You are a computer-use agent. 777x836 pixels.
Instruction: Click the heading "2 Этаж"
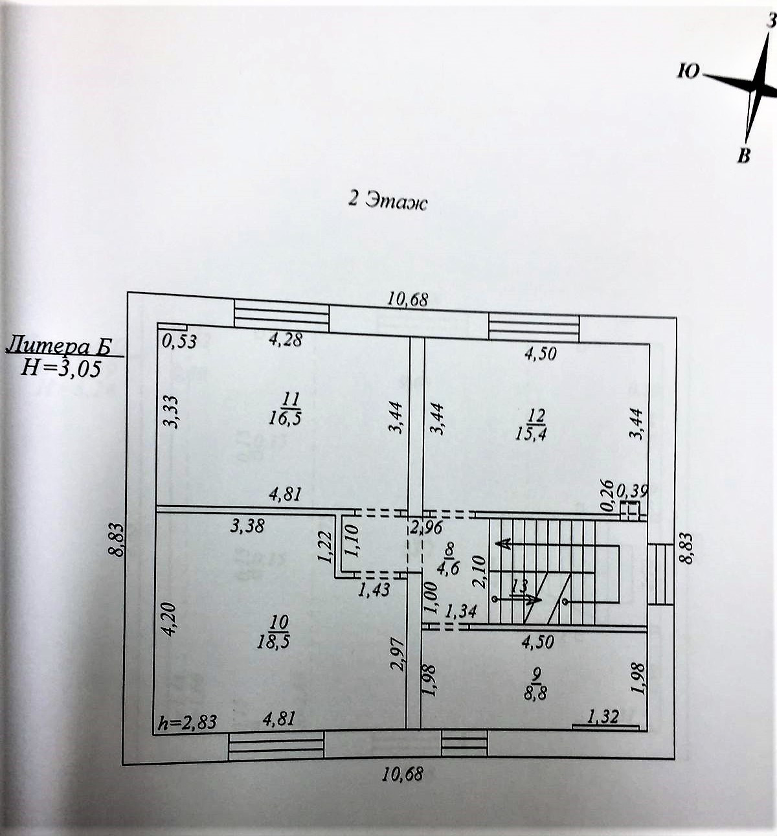tap(388, 200)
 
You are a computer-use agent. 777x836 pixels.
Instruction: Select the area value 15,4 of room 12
tap(530, 433)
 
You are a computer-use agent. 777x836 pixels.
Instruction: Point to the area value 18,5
tap(278, 640)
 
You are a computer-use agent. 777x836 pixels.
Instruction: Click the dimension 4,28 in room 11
tap(285, 339)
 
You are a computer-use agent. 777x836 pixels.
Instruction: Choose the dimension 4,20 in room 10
tap(167, 618)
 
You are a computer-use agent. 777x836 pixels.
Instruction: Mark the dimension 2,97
tap(399, 654)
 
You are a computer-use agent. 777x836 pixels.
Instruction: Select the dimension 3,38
tap(247, 525)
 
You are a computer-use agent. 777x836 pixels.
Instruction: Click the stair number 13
tap(518, 586)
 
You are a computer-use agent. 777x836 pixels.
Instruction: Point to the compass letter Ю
tap(688, 71)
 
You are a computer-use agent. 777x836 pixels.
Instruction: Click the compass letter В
tap(745, 155)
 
